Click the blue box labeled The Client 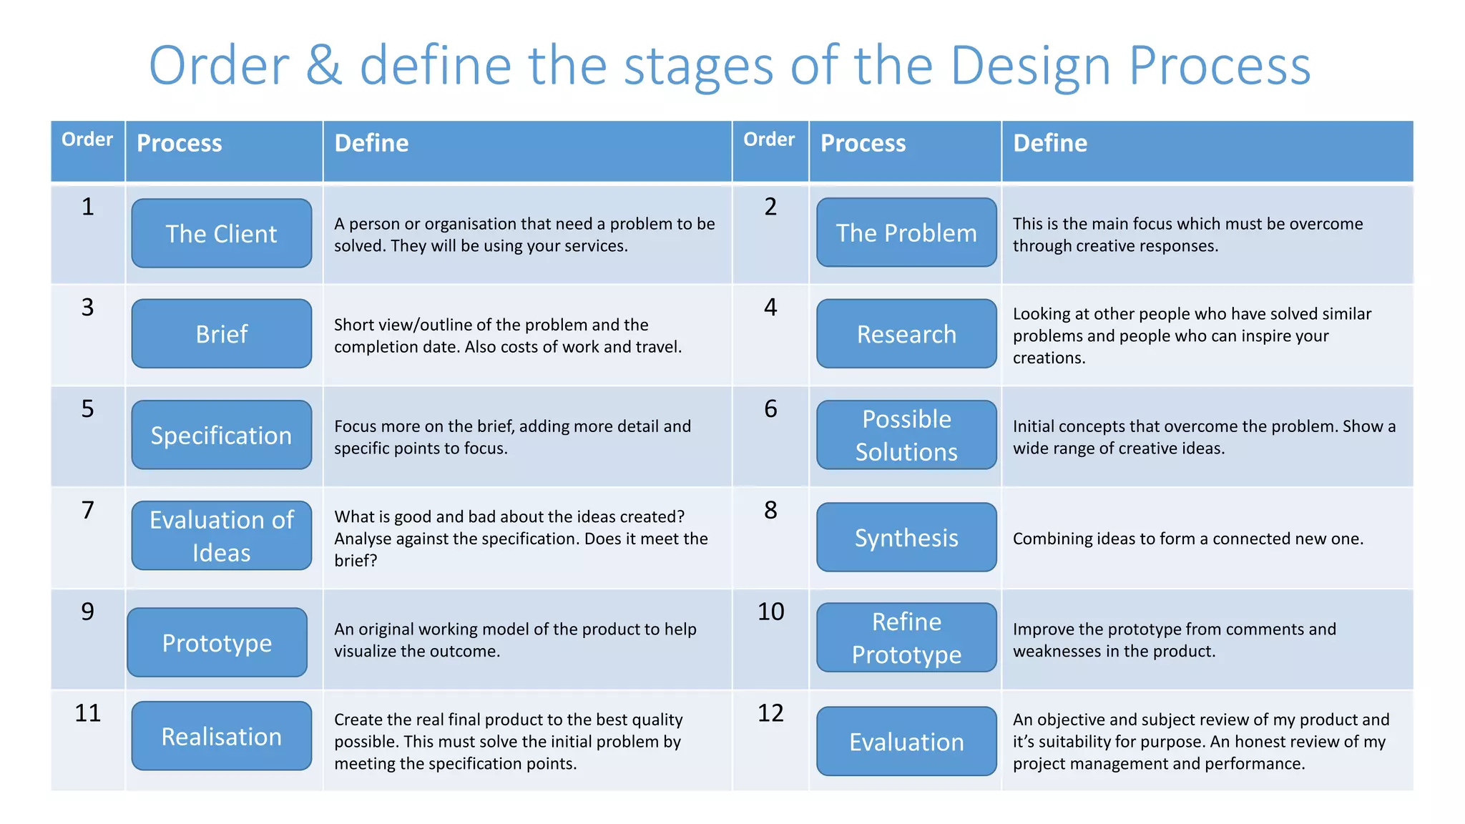[x=221, y=233]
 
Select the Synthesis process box [x=906, y=537]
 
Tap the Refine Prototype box [x=906, y=637]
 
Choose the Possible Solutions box [x=906, y=435]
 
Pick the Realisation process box [x=221, y=736]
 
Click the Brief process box [x=221, y=334]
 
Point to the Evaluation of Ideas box [x=221, y=536]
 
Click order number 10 [x=770, y=612]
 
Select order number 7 [x=87, y=510]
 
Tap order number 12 [x=770, y=713]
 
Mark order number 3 [x=87, y=308]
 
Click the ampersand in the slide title [x=323, y=66]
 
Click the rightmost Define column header [x=1049, y=143]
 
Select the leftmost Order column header [x=87, y=139]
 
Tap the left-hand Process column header [x=179, y=143]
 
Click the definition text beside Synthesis [x=1187, y=539]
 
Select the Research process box [x=906, y=334]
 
